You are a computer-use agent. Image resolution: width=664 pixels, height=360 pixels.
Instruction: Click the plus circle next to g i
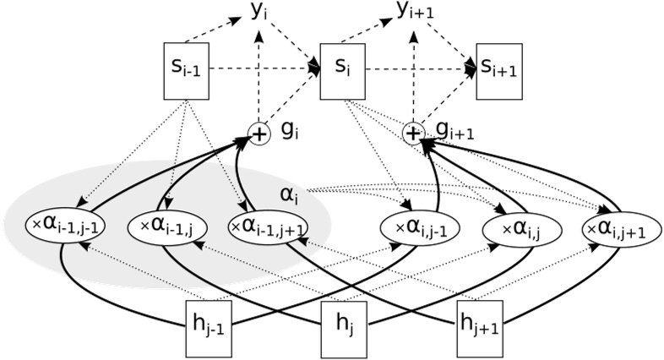click(x=259, y=133)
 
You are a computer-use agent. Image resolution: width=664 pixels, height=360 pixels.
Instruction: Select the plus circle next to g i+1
click(x=412, y=133)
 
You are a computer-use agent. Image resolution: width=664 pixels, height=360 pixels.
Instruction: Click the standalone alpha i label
click(x=290, y=194)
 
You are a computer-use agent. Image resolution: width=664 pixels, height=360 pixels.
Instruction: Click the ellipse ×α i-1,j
click(x=165, y=226)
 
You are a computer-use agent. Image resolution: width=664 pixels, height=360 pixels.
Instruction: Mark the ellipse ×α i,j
click(x=516, y=228)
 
